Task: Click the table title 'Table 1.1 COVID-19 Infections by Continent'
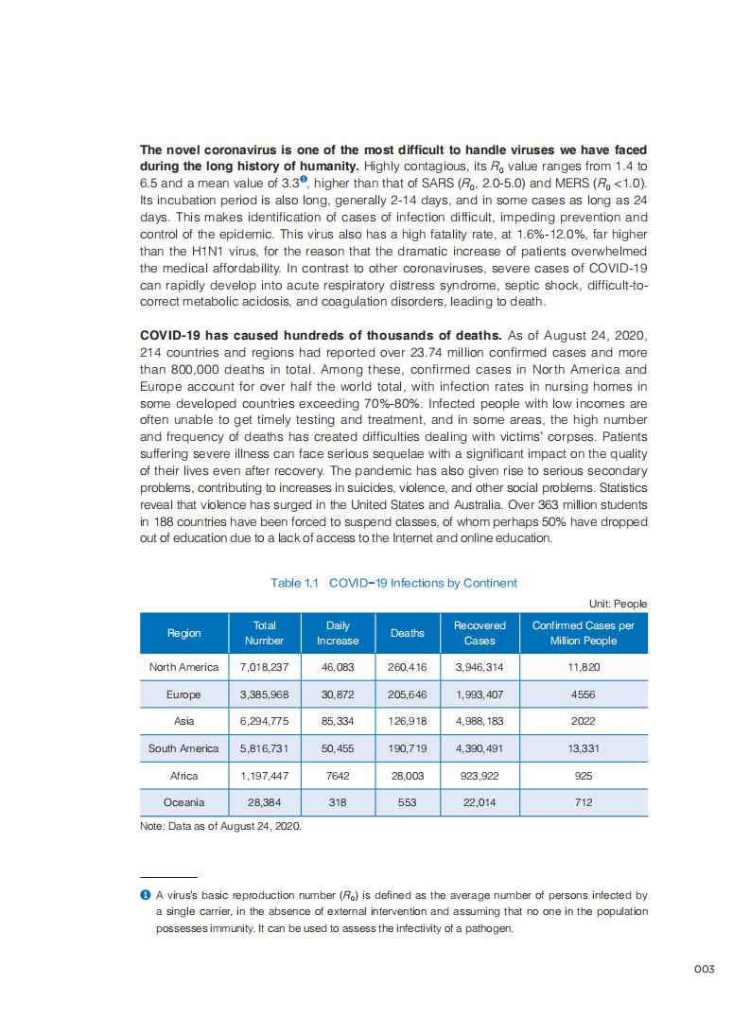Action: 393,583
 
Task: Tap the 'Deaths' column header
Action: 407,633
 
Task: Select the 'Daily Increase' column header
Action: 338,633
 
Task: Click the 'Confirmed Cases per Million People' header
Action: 583,633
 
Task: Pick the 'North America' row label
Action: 183,667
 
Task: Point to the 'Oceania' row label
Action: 183,802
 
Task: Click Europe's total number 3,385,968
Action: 265,694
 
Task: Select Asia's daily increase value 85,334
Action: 338,721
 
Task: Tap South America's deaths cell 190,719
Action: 407,748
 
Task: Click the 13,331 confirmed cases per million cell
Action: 583,748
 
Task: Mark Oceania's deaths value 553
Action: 407,802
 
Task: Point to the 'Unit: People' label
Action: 618,604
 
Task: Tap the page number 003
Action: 703,969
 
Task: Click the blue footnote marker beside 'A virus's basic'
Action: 145,894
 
